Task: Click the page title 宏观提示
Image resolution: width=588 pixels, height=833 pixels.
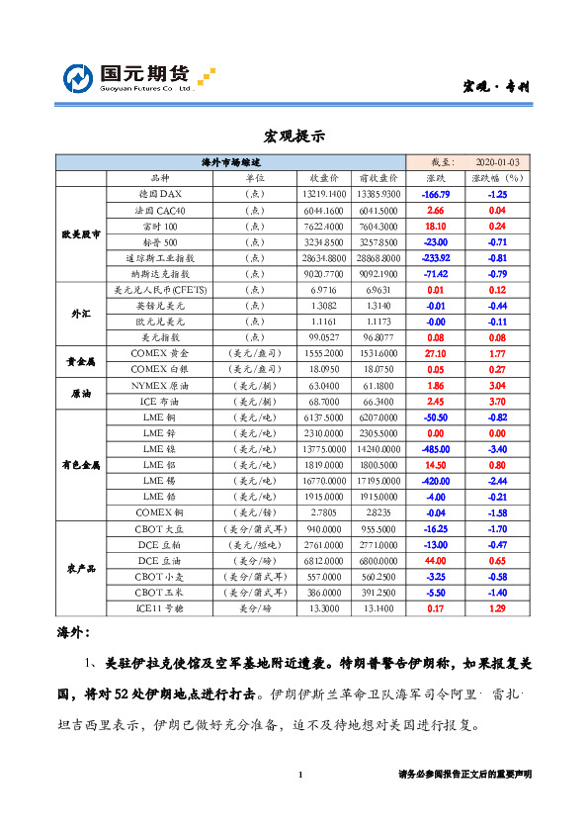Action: [294, 136]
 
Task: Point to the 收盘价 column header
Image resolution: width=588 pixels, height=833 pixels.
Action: [325, 178]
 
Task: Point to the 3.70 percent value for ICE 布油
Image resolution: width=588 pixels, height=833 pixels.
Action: [497, 402]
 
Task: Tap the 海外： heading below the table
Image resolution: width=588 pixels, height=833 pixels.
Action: [73, 631]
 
